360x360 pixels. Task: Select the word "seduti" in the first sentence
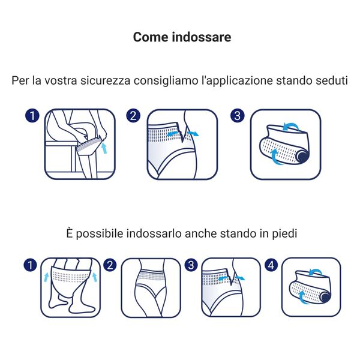(x=330, y=80)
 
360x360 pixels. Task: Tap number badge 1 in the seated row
(x=32, y=115)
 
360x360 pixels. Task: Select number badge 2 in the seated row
(x=134, y=115)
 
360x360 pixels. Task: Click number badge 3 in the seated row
(x=237, y=115)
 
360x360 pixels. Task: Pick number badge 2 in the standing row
(x=110, y=264)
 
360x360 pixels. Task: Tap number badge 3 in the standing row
(x=191, y=264)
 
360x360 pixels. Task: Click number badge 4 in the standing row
(x=272, y=264)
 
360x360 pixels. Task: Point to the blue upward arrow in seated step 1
(x=105, y=147)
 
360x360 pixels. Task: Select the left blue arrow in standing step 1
(x=47, y=277)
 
